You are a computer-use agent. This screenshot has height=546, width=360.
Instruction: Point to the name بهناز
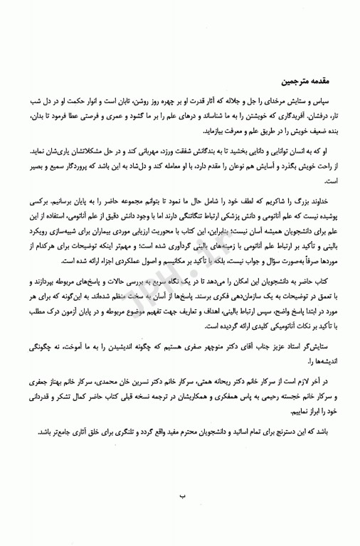(45, 404)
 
